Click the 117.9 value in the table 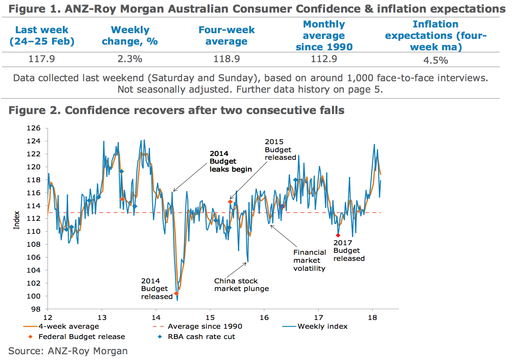point(42,59)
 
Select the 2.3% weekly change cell point(130,59)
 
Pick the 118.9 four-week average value point(226,59)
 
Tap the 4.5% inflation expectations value point(436,60)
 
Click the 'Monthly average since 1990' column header point(324,35)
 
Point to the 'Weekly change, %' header point(130,35)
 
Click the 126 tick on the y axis point(34,128)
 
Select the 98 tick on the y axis point(36,309)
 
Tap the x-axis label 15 point(210,317)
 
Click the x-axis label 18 point(372,317)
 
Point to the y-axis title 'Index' point(16,220)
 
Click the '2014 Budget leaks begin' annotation point(230,161)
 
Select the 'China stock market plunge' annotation point(241,285)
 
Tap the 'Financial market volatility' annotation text point(309,260)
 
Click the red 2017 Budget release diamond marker point(338,235)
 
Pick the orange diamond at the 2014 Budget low point(176,294)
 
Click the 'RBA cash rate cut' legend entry point(201,337)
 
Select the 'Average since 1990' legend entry point(205,326)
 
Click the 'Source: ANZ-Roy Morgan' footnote point(68,351)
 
